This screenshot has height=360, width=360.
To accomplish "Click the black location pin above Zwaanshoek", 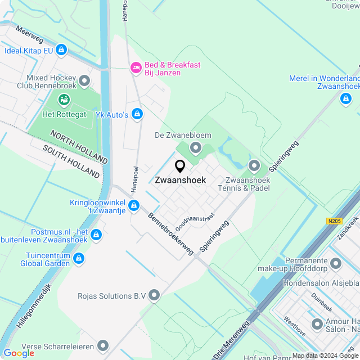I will click(180, 166).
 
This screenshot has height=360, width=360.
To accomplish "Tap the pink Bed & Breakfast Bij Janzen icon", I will click(136, 67).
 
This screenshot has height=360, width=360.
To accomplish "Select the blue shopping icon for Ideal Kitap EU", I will click(61, 51).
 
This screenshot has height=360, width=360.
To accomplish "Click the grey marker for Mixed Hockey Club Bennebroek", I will click(85, 81).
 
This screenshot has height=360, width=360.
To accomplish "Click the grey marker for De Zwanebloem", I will click(196, 147).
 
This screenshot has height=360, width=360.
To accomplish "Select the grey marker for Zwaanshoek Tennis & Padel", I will click(254, 165).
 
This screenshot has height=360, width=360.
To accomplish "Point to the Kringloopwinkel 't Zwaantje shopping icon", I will click(133, 205).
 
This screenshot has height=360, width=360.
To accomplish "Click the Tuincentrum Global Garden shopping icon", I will click(79, 258).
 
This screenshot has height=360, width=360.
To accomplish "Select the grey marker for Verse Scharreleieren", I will click(103, 345).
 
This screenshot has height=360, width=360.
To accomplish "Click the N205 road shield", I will click(334, 221).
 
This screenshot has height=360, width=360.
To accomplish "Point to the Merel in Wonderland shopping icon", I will click(346, 99).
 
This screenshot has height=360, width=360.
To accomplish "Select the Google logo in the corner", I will click(19, 353).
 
